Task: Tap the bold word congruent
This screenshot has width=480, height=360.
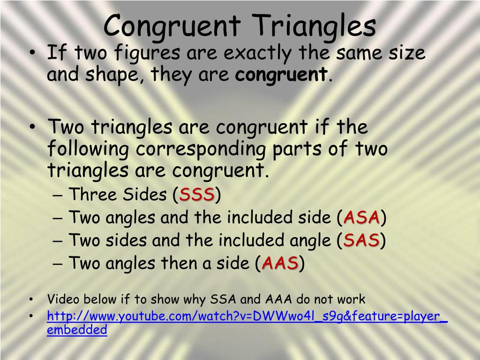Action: pos(281,75)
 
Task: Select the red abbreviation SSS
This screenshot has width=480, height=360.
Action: pos(196,195)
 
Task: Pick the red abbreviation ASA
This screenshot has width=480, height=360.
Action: pos(361,217)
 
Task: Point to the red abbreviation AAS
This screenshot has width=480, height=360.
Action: pos(280,263)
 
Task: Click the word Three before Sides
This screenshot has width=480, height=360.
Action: pos(92,194)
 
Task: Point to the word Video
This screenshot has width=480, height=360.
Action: pos(62,299)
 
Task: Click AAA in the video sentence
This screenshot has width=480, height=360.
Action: pos(278,299)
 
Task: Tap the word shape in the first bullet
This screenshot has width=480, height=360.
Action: pos(112,75)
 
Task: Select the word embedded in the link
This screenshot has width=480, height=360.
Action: pos(77,330)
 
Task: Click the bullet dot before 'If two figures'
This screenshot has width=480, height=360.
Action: pos(32,52)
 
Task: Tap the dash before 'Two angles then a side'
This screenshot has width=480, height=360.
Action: pos(57,263)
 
